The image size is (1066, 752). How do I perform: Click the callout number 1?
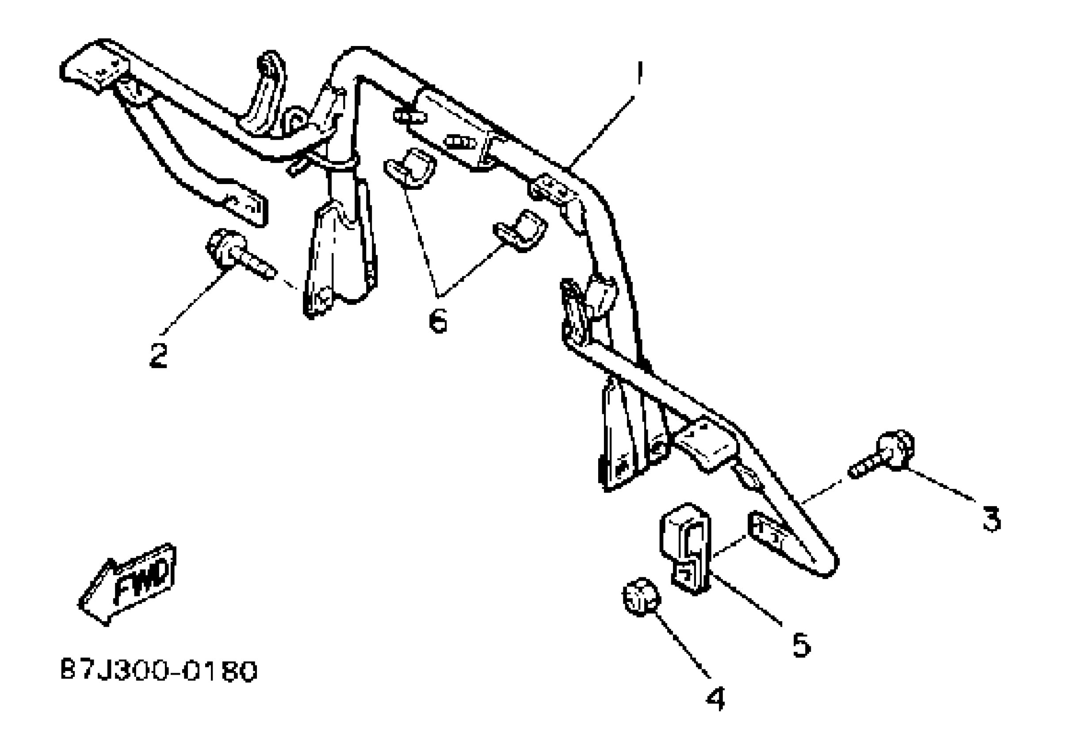tap(640, 73)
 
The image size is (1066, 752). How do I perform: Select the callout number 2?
tap(158, 355)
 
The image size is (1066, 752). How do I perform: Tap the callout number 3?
tap(992, 520)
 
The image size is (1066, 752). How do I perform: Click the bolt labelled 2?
tap(237, 254)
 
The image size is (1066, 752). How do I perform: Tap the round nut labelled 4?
tap(641, 597)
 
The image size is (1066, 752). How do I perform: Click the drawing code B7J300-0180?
tap(159, 671)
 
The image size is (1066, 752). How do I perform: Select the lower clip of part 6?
tap(521, 231)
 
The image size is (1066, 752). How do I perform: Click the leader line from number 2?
tap(195, 299)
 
